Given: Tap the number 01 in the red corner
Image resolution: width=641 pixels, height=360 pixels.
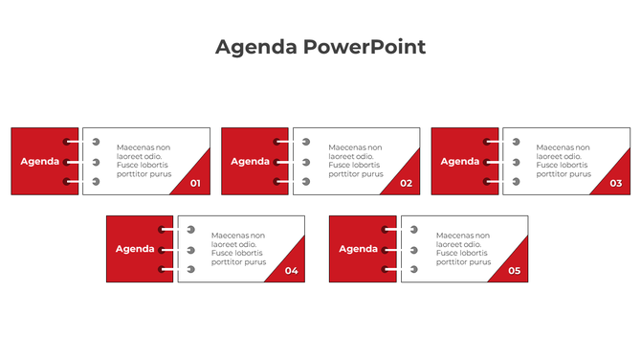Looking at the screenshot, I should (195, 183).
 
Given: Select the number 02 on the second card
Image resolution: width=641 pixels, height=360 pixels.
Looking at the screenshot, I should (406, 183).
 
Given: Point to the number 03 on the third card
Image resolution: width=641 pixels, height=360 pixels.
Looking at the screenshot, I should (615, 183).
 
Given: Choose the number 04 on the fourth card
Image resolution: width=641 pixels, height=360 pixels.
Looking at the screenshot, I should (291, 271).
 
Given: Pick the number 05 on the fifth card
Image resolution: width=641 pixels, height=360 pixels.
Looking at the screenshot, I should (514, 271).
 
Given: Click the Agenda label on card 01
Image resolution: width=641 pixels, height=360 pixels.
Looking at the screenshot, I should (40, 161).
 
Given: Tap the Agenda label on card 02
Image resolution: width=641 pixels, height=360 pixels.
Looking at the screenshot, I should (251, 161).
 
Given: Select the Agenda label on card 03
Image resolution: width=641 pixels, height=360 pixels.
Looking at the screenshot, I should (460, 161).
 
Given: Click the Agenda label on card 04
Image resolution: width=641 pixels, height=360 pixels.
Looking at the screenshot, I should (135, 249).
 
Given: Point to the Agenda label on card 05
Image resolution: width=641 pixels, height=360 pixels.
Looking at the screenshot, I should (359, 249).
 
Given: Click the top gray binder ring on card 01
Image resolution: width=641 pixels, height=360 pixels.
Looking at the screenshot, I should (96, 142).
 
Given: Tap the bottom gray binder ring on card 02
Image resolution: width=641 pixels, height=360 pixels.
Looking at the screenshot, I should (306, 181).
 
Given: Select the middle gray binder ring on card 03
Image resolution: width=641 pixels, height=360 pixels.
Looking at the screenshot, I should (516, 162).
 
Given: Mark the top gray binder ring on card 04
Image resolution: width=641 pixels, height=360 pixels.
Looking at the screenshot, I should (190, 230).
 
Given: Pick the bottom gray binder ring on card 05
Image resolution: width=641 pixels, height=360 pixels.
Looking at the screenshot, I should (413, 269).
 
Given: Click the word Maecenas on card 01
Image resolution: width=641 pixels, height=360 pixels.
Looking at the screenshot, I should (136, 147).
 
